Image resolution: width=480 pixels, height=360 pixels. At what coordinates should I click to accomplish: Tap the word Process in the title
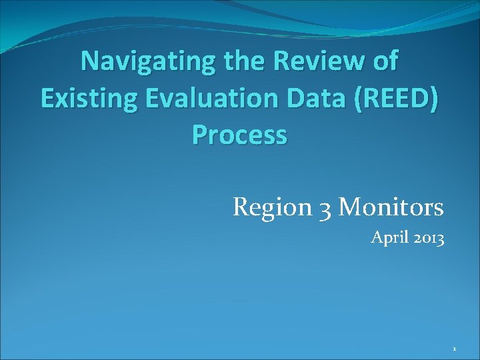pyautogui.click(x=240, y=135)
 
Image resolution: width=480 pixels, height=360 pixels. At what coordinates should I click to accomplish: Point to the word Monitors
pyautogui.click(x=391, y=207)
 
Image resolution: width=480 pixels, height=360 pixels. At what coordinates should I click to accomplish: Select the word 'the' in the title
pyautogui.click(x=237, y=61)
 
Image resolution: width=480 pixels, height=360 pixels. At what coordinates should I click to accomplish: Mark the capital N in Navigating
pyautogui.click(x=90, y=61)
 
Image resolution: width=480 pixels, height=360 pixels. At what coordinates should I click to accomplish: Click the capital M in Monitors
pyautogui.click(x=348, y=207)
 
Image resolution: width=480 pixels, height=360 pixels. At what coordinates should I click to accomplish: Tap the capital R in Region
pyautogui.click(x=240, y=207)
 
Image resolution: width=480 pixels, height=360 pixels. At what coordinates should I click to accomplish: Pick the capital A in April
pyautogui.click(x=376, y=237)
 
